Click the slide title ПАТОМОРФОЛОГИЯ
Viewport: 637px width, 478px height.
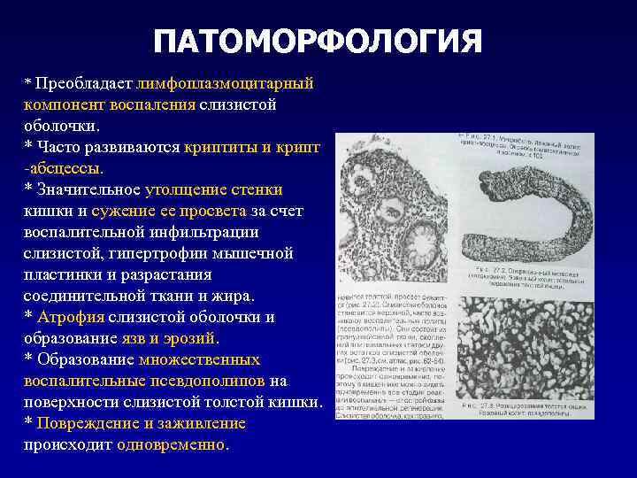tap(318, 42)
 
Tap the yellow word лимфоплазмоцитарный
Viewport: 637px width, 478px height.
tap(226, 84)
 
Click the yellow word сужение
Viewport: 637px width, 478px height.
tap(125, 211)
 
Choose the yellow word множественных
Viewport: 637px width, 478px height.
tap(200, 360)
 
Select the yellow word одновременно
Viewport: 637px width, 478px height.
tap(172, 445)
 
